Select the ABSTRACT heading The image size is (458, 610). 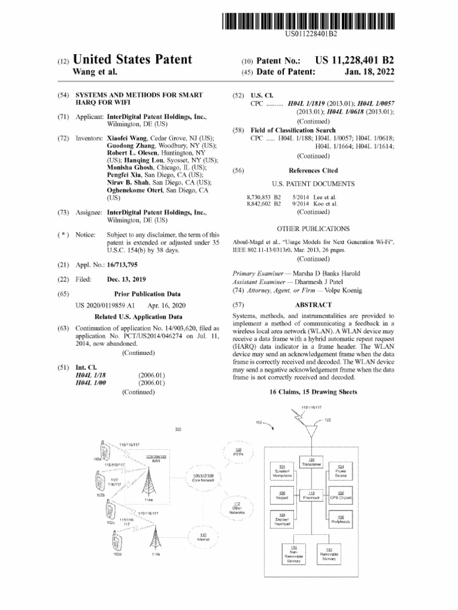coord(313,304)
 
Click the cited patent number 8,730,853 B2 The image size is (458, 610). coord(264,197)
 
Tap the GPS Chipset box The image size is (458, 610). coord(341,496)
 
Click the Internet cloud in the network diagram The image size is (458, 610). coord(203,537)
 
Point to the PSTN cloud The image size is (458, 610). coord(238,453)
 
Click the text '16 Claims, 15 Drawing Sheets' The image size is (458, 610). coord(313,392)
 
